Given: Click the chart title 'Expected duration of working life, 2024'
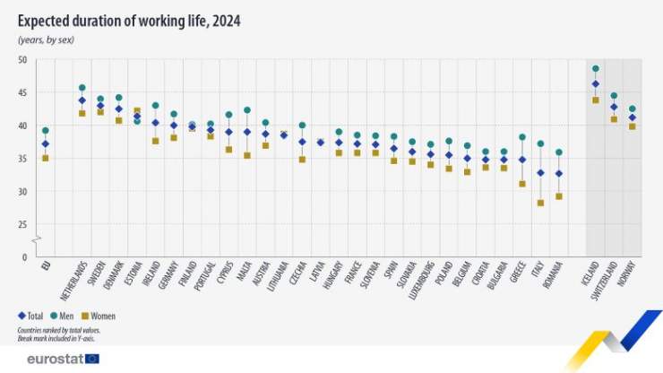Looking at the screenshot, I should [128, 19].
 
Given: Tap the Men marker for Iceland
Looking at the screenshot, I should [596, 68].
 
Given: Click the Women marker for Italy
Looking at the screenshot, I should [540, 203].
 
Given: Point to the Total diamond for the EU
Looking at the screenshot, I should [46, 143].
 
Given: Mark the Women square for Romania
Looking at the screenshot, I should [559, 196].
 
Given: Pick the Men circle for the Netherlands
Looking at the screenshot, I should [82, 88].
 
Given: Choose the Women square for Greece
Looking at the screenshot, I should [521, 184].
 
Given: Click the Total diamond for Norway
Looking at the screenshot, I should [633, 117].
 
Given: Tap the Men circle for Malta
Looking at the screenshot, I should [247, 110].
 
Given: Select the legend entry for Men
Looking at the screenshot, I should [63, 316].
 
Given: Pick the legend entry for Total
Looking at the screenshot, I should [30, 316].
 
